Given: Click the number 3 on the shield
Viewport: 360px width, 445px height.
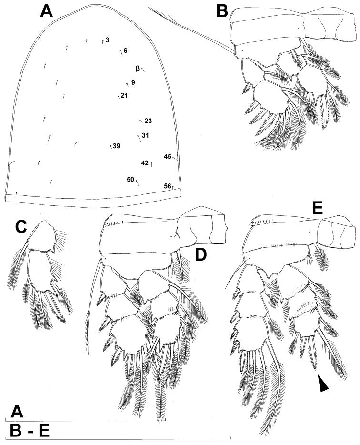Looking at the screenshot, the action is pos(107,40).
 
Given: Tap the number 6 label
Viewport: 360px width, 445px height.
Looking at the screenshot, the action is pos(125,51).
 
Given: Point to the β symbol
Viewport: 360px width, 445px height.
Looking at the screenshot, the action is pos(138,69).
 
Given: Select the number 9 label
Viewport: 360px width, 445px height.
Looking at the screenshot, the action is pos(133,82).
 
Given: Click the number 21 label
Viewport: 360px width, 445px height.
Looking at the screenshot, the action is pos(124,95).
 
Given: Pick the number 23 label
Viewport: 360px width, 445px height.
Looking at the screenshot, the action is pos(149,121).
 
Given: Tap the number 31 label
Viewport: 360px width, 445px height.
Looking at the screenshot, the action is pos(146,135).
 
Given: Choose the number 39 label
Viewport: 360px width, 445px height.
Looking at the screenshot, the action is pos(117,146).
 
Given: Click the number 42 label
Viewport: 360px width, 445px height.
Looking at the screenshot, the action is pos(145,163).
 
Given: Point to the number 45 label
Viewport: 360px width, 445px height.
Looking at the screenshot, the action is pos(168,156).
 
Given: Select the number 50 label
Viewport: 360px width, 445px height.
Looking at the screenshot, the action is pos(130,179).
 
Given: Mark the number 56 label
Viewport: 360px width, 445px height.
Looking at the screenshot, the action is pos(168,186).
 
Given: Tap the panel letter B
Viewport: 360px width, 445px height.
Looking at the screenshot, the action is pos(222,11).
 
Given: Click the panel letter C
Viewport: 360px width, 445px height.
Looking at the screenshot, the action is pos(21,228).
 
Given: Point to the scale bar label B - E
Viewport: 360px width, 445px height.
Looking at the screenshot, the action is pos(30,430).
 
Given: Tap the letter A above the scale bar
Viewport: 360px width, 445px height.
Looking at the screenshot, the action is pos(17,411).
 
